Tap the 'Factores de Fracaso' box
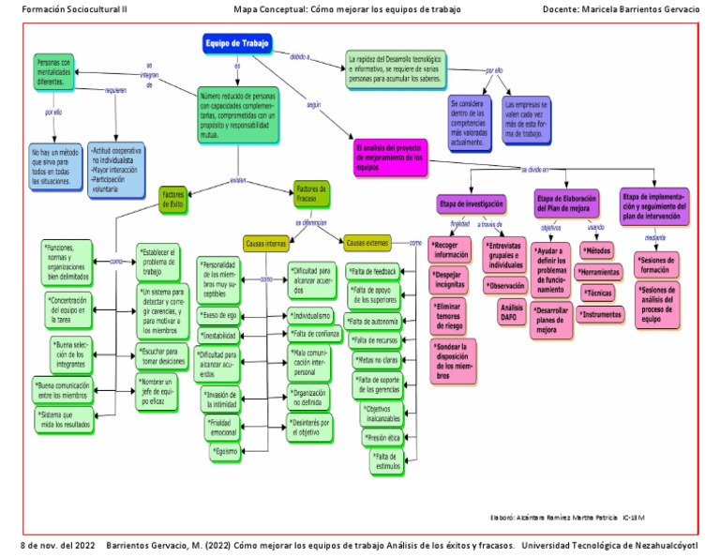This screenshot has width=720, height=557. (x=311, y=193)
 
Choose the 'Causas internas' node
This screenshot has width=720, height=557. (x=266, y=243)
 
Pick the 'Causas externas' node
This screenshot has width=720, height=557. (x=367, y=243)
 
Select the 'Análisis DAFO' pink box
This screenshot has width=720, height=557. (x=512, y=312)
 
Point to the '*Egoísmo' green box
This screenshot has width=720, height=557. (x=225, y=452)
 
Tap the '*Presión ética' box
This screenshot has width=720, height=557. (x=382, y=436)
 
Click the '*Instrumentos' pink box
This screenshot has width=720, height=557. (x=601, y=315)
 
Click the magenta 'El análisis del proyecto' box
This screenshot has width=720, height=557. (x=391, y=157)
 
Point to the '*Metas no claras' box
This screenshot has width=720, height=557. (x=379, y=358)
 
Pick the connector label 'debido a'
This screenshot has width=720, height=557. (x=300, y=56)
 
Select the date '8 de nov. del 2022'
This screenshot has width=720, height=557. (x=58, y=545)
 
